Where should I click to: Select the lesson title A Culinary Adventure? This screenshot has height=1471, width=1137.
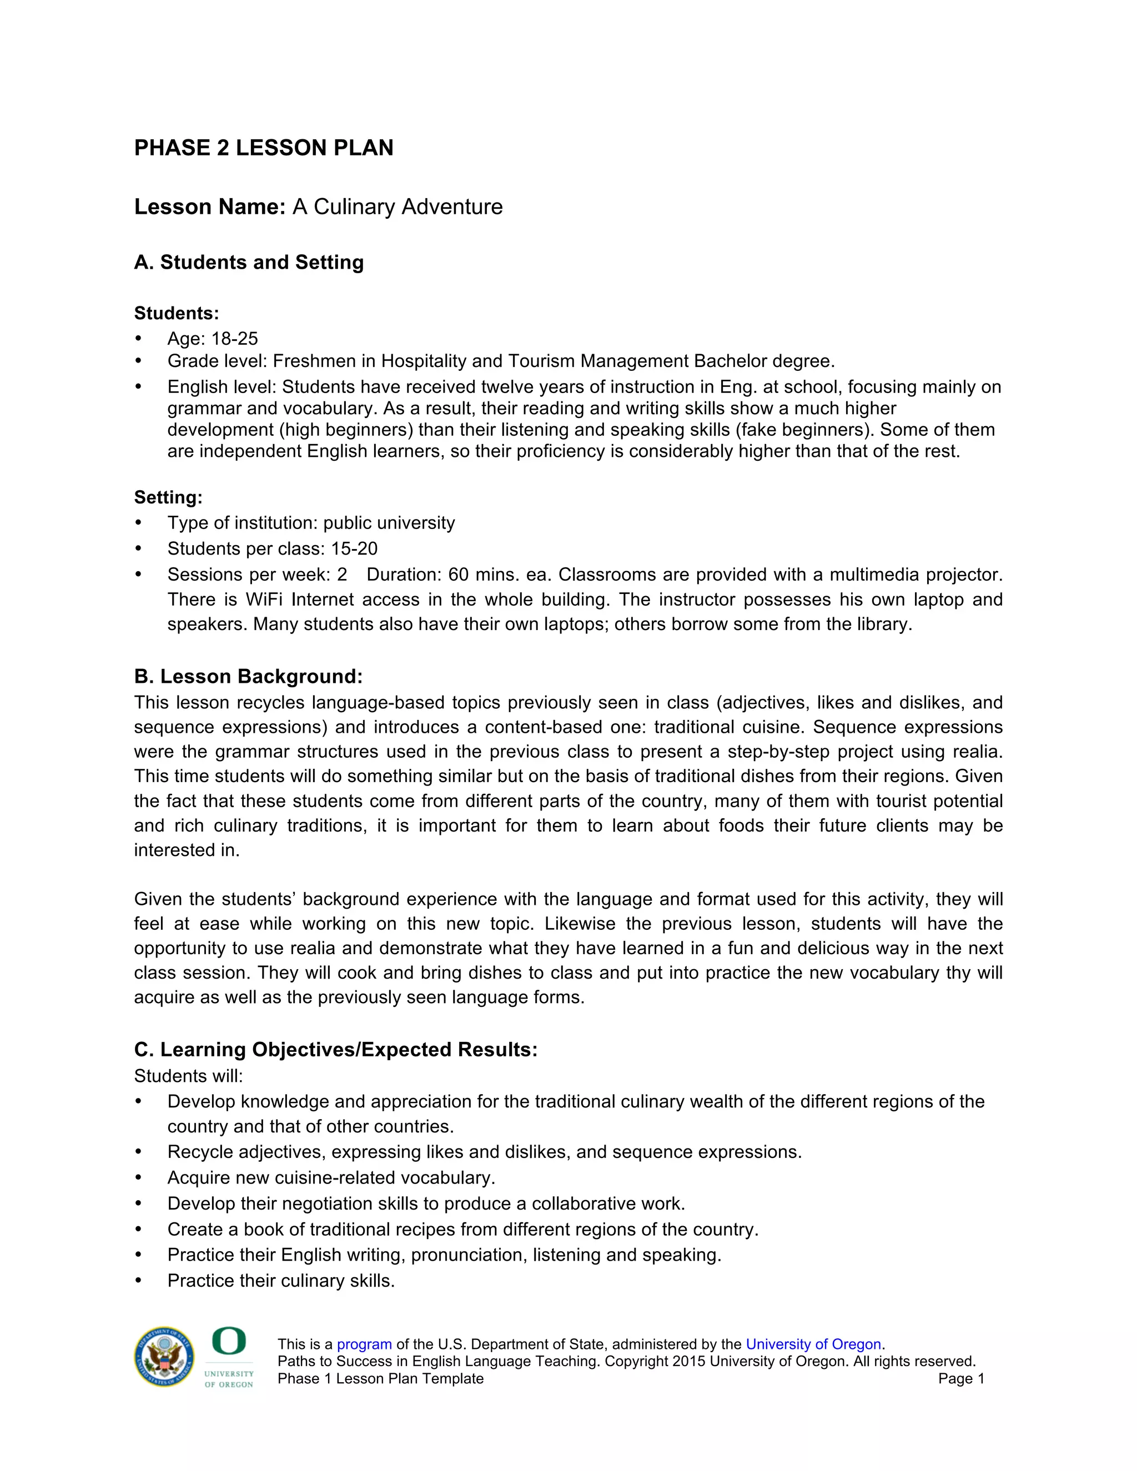398,207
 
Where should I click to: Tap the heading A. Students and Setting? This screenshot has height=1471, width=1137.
249,262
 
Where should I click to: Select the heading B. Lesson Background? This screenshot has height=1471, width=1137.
248,676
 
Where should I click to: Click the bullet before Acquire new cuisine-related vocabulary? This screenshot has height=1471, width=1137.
139,1178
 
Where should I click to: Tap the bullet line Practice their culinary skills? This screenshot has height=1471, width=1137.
281,1281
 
